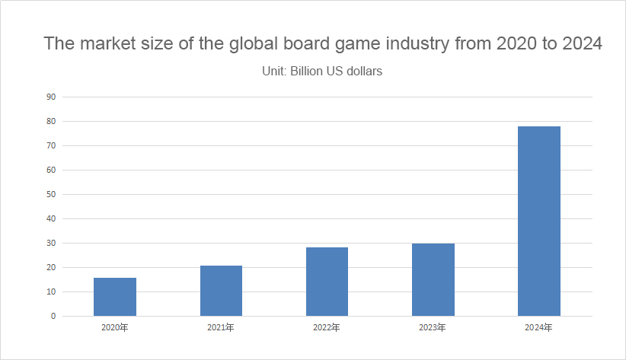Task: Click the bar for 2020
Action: (115, 297)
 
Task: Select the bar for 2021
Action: (221, 291)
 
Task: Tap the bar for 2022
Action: (327, 282)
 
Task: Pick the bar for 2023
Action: (433, 279)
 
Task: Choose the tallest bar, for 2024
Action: (539, 221)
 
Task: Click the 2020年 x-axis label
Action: (115, 328)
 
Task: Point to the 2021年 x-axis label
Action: (221, 328)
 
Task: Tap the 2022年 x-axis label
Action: (327, 328)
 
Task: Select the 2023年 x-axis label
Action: (433, 328)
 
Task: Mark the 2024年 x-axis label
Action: (539, 328)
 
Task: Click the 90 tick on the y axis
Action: (51, 97)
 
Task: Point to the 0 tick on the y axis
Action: (53, 316)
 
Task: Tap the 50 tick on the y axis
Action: (51, 194)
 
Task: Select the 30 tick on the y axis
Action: (51, 243)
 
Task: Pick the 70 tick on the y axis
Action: (51, 145)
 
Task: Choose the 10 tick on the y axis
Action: (51, 292)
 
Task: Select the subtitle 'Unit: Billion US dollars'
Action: (321, 72)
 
